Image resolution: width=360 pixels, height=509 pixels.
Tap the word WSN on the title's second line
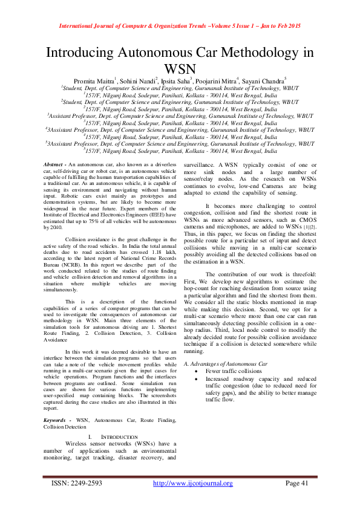tap(180, 68)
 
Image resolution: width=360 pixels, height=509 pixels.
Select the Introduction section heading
tap(113, 436)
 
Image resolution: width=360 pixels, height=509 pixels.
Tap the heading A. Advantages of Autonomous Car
tap(224, 365)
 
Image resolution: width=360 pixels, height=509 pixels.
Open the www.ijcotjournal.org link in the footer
tap(192, 483)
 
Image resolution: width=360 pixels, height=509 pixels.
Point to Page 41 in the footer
tap(296, 483)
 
